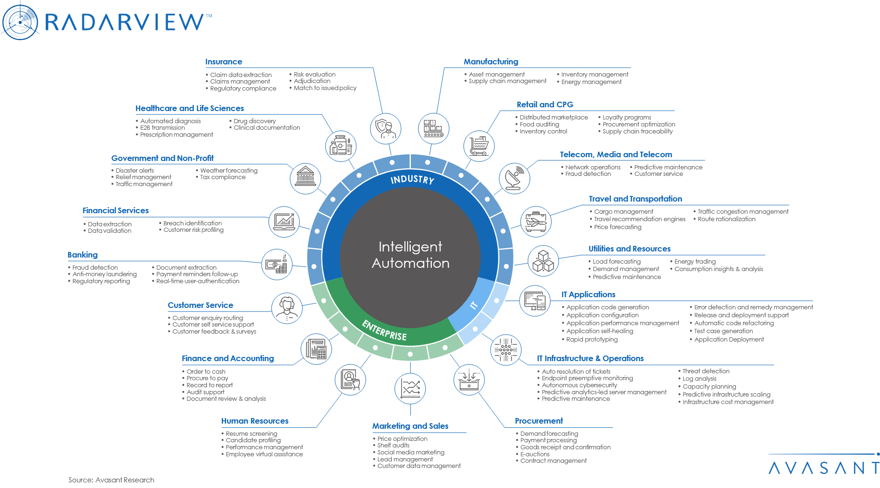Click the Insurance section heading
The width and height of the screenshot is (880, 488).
[x=223, y=62]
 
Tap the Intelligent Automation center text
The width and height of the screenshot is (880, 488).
[x=410, y=255]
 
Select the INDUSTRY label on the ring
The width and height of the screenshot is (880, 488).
[x=412, y=180]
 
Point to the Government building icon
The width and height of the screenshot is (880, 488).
[x=305, y=178]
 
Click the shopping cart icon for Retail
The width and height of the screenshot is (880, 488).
[x=479, y=146]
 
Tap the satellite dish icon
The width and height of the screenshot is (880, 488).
[x=514, y=178]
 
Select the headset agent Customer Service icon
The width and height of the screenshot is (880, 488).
[x=287, y=308]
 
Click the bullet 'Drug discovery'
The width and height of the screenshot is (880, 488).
[x=255, y=121]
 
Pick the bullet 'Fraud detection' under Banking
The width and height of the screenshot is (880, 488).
[x=95, y=268]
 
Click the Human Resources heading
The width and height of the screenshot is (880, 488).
[x=255, y=421]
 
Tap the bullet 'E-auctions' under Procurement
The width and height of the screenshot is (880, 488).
[x=535, y=454]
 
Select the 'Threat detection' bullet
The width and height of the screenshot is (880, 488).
[x=706, y=371]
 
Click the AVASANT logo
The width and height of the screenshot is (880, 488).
[x=824, y=467]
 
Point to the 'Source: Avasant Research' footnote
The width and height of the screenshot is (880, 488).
[x=111, y=480]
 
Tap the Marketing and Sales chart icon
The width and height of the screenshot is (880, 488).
[x=410, y=388]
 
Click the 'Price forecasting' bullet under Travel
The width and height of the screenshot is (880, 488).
[x=617, y=227]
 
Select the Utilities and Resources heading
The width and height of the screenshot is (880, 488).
[x=629, y=249]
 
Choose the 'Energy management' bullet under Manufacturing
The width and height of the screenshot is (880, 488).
[x=591, y=82]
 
